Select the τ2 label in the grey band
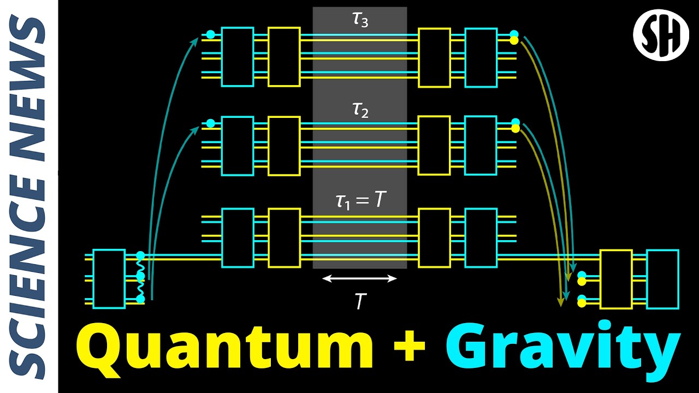[360, 111]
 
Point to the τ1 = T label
[360, 200]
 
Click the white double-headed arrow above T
[359, 278]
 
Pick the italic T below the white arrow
[360, 301]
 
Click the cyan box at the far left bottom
[109, 279]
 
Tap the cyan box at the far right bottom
[662, 279]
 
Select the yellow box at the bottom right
[615, 279]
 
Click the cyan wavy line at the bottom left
[140, 277]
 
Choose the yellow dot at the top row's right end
[514, 40]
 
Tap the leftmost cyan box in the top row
[237, 57]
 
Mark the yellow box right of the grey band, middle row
[434, 145]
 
